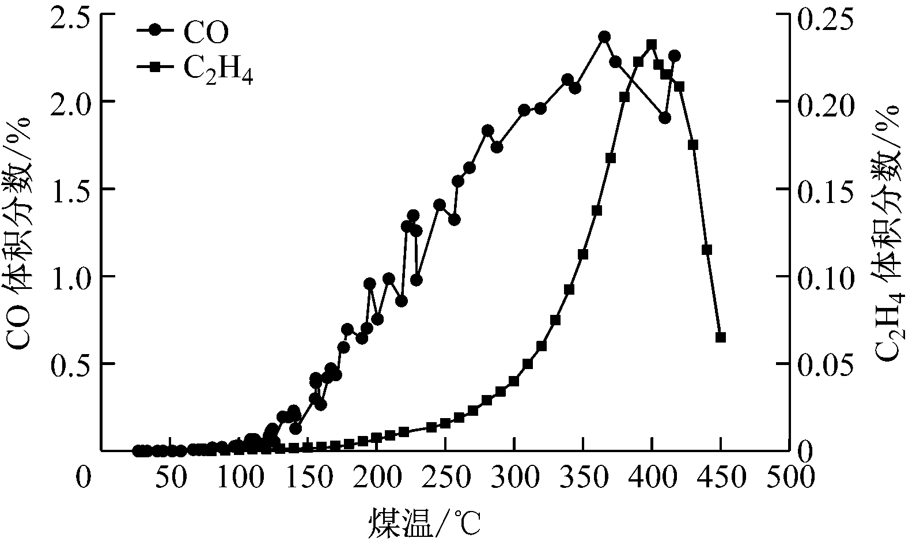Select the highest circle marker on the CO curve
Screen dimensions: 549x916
[604, 37]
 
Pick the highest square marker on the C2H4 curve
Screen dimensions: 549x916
[652, 44]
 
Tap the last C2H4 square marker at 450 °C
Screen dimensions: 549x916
[720, 337]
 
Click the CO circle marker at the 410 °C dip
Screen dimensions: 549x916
[665, 118]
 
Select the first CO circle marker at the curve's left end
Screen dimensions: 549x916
[138, 450]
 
